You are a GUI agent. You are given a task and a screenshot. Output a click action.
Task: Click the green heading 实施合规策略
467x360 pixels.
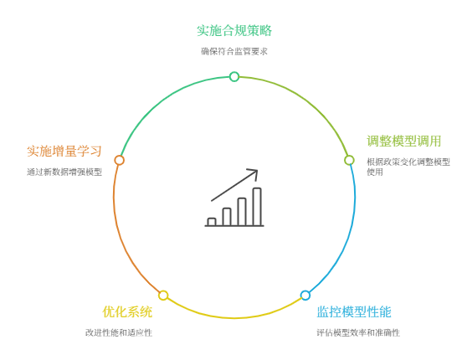(x=234, y=31)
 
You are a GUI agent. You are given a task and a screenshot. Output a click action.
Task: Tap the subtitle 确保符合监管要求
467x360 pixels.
(x=234, y=51)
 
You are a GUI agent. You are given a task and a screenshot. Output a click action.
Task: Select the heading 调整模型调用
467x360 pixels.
(x=404, y=141)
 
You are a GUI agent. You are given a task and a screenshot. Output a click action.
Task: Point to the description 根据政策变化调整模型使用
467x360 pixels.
(x=408, y=167)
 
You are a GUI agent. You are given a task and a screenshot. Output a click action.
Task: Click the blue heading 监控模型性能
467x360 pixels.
(x=354, y=312)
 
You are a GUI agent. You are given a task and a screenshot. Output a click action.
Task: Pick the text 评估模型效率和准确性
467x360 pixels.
(x=358, y=332)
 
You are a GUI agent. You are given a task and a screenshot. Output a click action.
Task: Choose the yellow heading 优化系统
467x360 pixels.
(x=127, y=312)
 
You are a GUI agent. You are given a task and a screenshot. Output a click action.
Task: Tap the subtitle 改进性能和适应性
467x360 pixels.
(x=119, y=332)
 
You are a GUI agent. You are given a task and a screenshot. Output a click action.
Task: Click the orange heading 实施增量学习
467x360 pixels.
(x=64, y=151)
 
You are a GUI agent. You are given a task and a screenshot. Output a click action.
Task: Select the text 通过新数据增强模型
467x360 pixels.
(x=64, y=172)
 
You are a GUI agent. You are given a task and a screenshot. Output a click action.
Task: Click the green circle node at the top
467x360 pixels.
(x=234, y=76)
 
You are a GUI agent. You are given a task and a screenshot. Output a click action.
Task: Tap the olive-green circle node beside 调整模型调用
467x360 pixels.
(x=349, y=160)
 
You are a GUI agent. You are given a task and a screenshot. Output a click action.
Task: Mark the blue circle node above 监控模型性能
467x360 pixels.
(x=305, y=296)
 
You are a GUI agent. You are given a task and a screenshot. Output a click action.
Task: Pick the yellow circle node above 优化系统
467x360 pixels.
(x=163, y=296)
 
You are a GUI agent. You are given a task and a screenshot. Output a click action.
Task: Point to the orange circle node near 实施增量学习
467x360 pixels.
(x=119, y=160)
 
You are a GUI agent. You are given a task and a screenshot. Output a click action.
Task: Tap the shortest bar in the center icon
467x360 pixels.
(x=212, y=222)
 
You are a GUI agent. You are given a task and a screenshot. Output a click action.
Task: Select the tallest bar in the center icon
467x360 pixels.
(x=257, y=207)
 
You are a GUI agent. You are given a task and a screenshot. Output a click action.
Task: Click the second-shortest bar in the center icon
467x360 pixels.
(x=227, y=217)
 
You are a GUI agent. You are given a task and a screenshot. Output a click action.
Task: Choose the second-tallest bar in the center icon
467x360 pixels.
(x=242, y=212)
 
